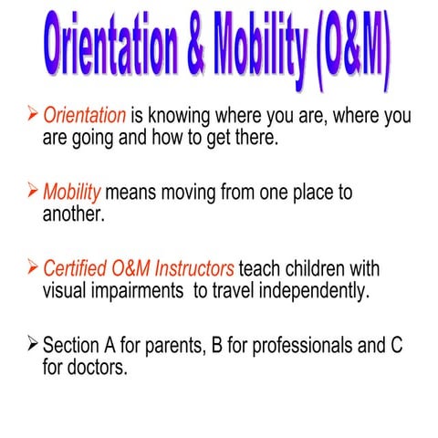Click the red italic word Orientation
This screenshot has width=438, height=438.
click(x=85, y=116)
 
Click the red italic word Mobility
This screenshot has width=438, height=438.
click(x=74, y=193)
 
